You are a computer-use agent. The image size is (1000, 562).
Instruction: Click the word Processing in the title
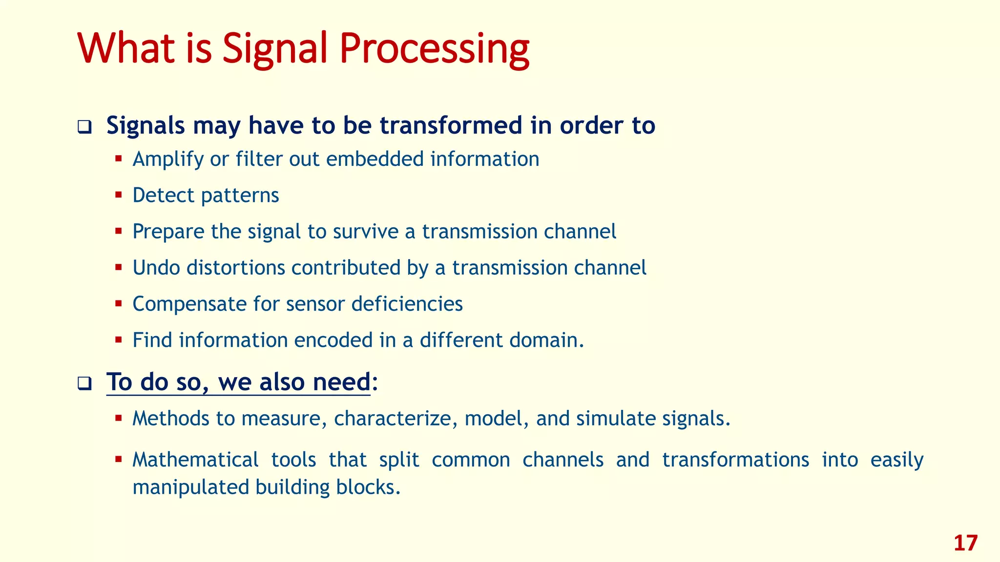434,49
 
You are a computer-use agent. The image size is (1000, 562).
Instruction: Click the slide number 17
965,543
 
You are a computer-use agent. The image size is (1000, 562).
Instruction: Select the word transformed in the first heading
451,125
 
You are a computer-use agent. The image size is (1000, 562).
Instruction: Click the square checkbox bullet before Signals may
84,128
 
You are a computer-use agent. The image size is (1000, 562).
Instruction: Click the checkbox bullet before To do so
84,384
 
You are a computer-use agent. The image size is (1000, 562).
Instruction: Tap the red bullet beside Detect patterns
119,195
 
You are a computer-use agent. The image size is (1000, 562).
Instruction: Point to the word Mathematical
195,460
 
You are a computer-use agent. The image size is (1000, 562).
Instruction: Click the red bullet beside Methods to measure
119,418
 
